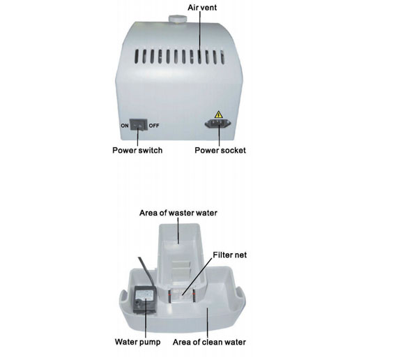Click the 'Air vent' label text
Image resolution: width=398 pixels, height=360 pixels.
pyautogui.click(x=202, y=8)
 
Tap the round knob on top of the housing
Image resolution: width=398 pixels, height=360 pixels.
pyautogui.click(x=178, y=19)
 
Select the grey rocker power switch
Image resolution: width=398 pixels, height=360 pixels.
pyautogui.click(x=139, y=125)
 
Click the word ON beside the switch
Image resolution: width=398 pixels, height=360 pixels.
pyautogui.click(x=125, y=126)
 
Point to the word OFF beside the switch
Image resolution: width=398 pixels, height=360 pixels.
pyautogui.click(x=154, y=126)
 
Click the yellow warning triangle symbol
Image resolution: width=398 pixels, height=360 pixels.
pyautogui.click(x=218, y=114)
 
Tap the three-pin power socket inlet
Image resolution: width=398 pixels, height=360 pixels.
pyautogui.click(x=218, y=123)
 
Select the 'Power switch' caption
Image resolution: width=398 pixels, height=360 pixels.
pyautogui.click(x=137, y=150)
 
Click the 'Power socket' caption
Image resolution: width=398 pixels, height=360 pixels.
pyautogui.click(x=220, y=150)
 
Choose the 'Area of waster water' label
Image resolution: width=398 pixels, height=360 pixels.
pyautogui.click(x=178, y=213)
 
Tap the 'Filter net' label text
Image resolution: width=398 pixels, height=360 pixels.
pyautogui.click(x=230, y=255)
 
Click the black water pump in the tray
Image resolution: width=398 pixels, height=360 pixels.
pyautogui.click(x=145, y=301)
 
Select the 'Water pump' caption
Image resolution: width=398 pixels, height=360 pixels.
pyautogui.click(x=137, y=342)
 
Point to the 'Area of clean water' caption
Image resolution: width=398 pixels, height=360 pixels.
pyautogui.click(x=209, y=343)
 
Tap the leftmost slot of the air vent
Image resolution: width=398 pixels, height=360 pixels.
pyautogui.click(x=137, y=57)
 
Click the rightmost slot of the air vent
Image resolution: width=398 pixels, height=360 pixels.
pyautogui.click(x=222, y=57)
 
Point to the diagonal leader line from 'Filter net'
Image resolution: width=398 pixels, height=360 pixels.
pyautogui.click(x=197, y=276)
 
